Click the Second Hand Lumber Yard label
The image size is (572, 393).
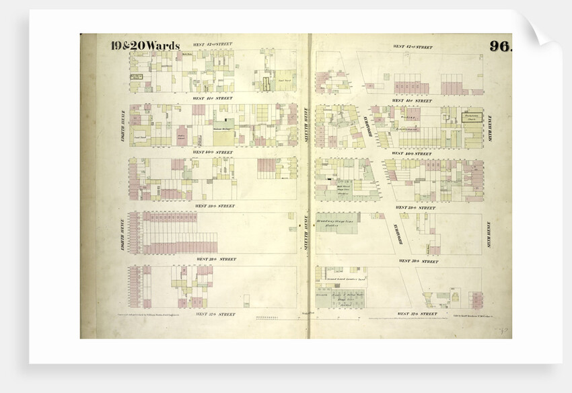point(346,278)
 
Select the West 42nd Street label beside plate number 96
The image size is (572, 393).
point(413,47)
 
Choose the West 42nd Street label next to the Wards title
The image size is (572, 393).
point(212,44)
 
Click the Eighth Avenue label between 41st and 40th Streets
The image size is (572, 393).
point(122,124)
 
